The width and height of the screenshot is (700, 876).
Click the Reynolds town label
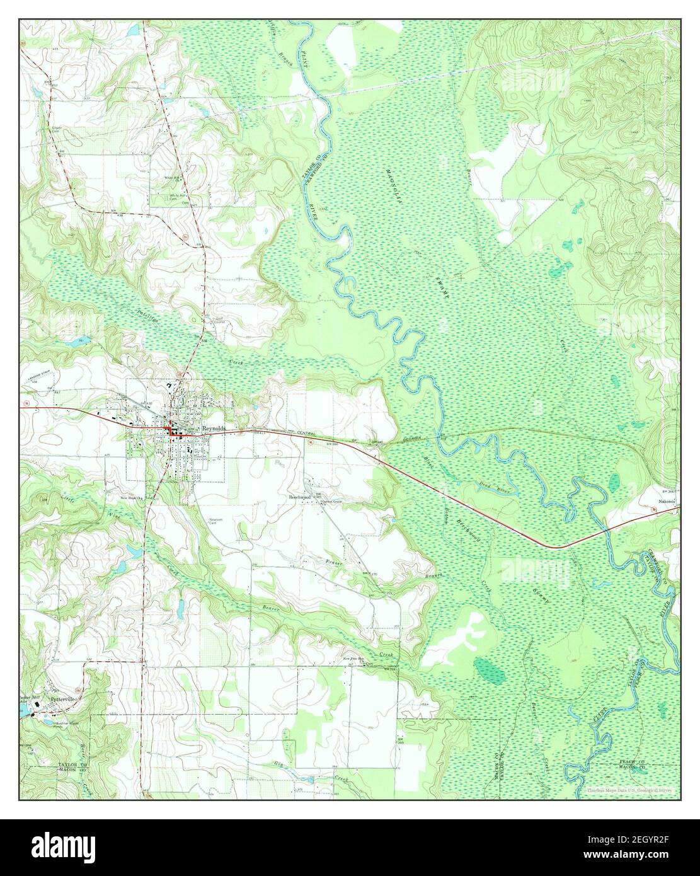[214, 428]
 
